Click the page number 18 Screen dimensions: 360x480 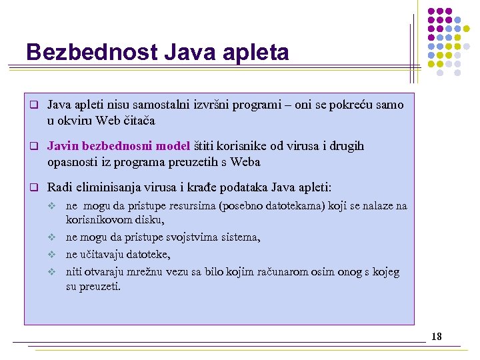pyautogui.click(x=436, y=336)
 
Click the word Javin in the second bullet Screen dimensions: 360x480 pyautogui.click(x=61, y=146)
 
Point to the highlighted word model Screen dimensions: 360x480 pyautogui.click(x=173, y=146)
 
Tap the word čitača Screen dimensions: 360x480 pyautogui.click(x=139, y=121)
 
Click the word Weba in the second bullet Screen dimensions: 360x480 pyautogui.click(x=245, y=162)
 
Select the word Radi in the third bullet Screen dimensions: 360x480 pyautogui.click(x=60, y=187)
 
